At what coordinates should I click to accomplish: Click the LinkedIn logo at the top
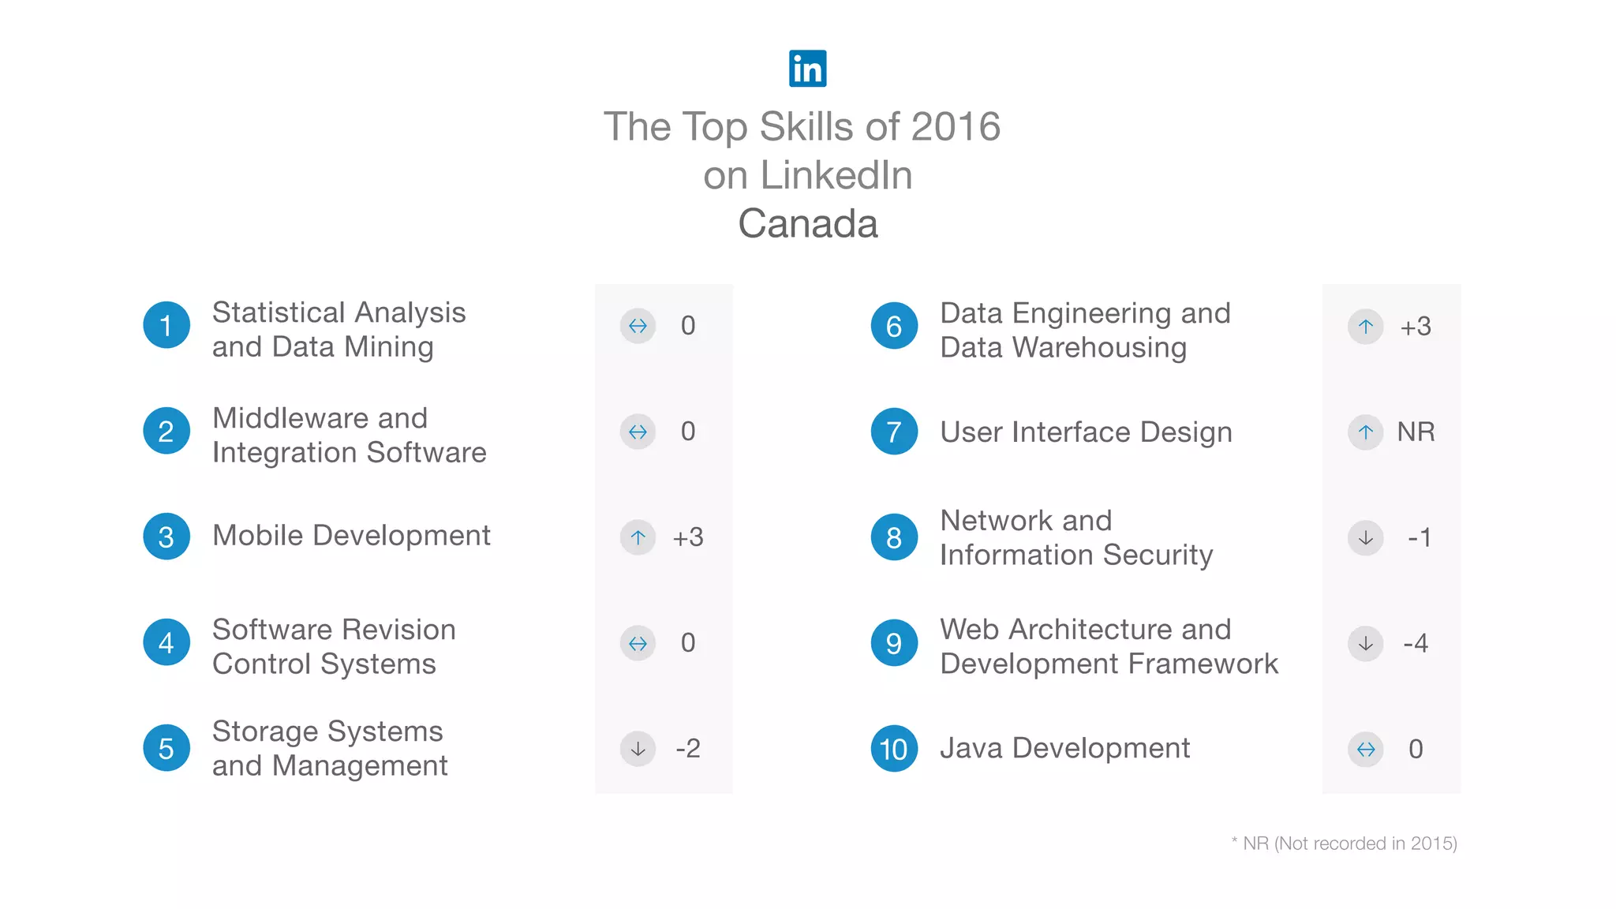point(807,69)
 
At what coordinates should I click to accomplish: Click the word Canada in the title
point(807,223)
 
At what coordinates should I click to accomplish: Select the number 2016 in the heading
point(956,126)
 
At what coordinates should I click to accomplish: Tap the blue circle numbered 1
point(166,325)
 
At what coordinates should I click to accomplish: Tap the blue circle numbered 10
point(893,748)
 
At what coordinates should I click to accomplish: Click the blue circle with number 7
point(893,432)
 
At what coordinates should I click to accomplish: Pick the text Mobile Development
point(351,536)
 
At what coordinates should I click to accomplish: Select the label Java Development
point(1064,748)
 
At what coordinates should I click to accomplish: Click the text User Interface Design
point(1086,432)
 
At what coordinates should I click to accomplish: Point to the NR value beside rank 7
point(1416,432)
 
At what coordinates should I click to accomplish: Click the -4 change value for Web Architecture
point(1416,643)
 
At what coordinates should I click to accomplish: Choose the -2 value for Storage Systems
point(687,748)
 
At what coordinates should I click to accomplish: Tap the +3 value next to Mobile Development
point(687,537)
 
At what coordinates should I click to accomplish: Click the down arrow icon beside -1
point(1365,538)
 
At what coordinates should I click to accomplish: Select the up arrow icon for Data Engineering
point(1365,327)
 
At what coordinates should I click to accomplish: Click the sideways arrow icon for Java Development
point(1365,749)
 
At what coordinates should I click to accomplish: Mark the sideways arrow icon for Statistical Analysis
point(638,326)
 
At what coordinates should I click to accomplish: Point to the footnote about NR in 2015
point(1344,844)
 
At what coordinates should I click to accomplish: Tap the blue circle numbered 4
point(166,642)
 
